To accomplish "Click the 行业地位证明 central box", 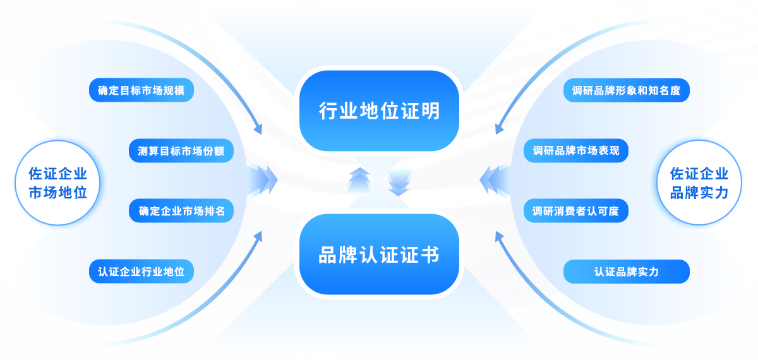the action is pos(379,111).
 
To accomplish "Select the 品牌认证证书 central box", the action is pos(379,254).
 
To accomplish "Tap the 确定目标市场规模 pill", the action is pos(141,90).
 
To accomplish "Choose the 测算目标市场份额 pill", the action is pos(181,150).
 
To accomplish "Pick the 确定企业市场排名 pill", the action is pos(181,210).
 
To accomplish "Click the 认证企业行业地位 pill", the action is pos(141,271).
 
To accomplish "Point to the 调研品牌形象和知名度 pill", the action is pos(627,90).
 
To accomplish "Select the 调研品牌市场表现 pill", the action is pos(576,150).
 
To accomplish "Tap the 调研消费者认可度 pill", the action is pos(576,210).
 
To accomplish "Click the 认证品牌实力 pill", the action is pos(627,272).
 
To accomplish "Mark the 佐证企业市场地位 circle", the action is pos(58,183).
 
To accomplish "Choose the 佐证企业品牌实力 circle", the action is pos(699,183).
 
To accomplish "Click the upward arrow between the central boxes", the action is pos(359,181).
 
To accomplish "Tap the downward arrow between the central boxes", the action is pos(399,182).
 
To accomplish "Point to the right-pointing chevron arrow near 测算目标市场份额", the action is pos(263,180).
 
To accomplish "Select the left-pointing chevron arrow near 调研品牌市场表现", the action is pos(495,180).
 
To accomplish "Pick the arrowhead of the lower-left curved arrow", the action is pos(258,237).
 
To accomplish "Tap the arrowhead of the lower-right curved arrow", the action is pos(499,237).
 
